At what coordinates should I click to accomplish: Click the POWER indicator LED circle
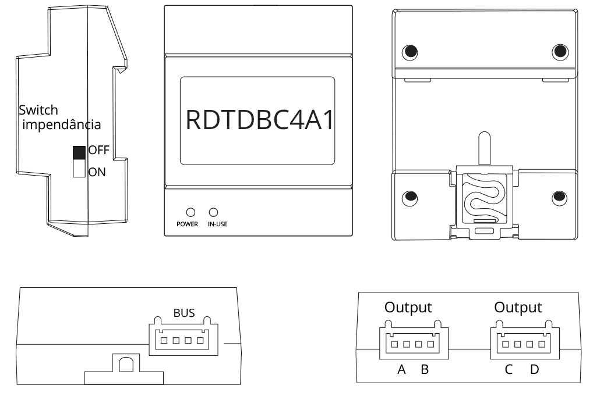(189, 212)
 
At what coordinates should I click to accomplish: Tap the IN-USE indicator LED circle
(213, 212)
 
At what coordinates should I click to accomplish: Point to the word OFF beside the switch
(98, 150)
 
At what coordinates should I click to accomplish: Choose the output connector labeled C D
(521, 343)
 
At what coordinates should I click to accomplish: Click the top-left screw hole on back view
(410, 51)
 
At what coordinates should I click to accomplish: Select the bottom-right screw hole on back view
(560, 196)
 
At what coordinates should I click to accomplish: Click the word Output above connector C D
(518, 307)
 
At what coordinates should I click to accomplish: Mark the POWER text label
(188, 224)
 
